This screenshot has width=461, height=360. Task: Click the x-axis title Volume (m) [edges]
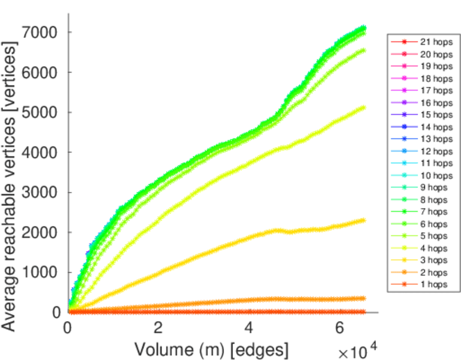click(211, 349)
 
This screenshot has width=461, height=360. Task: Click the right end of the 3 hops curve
click(363, 220)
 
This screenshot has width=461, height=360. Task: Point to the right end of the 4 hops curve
click(363, 108)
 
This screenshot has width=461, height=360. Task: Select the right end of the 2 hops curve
click(363, 298)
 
